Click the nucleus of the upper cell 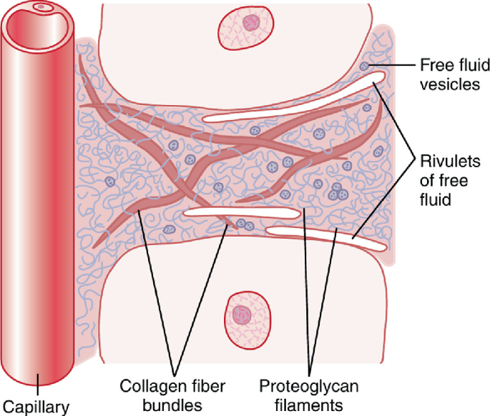point(250,24)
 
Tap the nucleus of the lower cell point(242,313)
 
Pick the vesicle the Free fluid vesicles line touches point(366,66)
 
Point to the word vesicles point(449,84)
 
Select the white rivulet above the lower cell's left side point(243,213)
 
